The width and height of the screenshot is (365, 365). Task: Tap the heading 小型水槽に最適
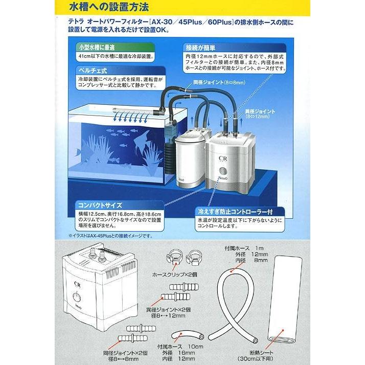94,47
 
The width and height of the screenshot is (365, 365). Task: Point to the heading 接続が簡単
203,47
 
